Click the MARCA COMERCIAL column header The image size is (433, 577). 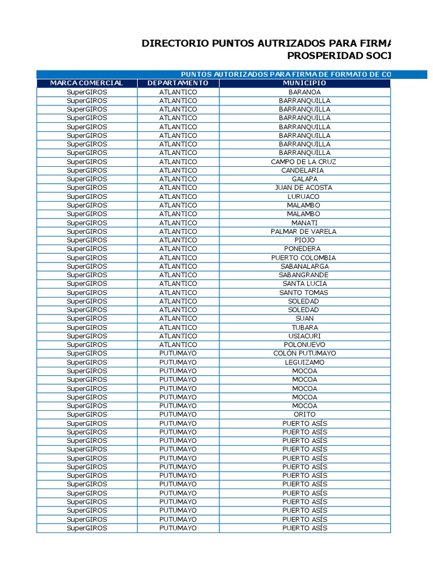86,83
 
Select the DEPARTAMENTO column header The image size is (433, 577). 178,83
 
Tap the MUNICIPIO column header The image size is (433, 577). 304,83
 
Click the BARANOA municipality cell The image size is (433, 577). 304,92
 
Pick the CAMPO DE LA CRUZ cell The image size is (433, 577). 304,162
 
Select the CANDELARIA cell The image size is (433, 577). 304,170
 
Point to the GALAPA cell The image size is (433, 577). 304,179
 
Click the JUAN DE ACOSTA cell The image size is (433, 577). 304,188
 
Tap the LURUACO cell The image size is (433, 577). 304,197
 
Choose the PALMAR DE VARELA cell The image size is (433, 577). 304,231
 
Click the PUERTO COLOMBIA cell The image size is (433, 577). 304,258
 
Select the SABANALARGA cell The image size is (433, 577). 304,266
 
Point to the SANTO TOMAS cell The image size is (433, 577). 304,292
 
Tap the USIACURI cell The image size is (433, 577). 304,336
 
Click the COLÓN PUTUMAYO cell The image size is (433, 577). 304,353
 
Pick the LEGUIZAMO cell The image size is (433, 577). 304,362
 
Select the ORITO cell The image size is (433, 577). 304,414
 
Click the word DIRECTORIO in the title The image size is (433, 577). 170,43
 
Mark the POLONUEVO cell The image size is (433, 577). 304,344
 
